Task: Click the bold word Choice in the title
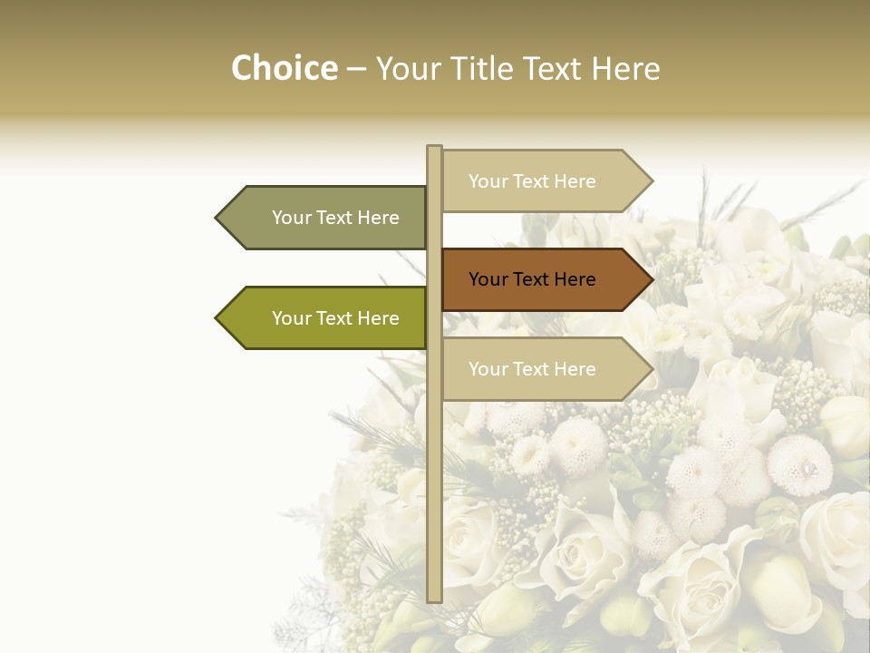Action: coord(284,69)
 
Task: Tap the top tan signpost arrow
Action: coord(544,180)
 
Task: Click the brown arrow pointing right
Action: coord(544,279)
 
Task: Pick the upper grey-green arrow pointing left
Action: coord(326,218)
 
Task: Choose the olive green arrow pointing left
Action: coord(326,318)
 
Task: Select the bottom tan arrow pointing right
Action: coord(544,369)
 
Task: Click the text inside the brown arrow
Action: coord(532,279)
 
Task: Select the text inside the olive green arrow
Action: coord(335,318)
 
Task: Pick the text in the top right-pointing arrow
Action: coord(532,181)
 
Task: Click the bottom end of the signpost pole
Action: coord(434,598)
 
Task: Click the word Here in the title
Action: coord(626,69)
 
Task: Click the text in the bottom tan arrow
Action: coord(532,369)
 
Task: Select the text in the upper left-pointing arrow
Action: coord(335,218)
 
